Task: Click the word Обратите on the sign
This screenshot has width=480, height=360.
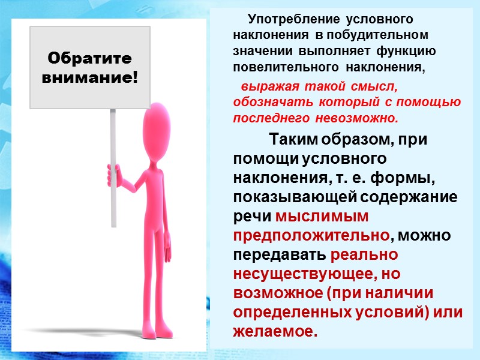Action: point(89,59)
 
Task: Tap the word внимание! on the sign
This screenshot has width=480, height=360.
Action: point(89,77)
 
